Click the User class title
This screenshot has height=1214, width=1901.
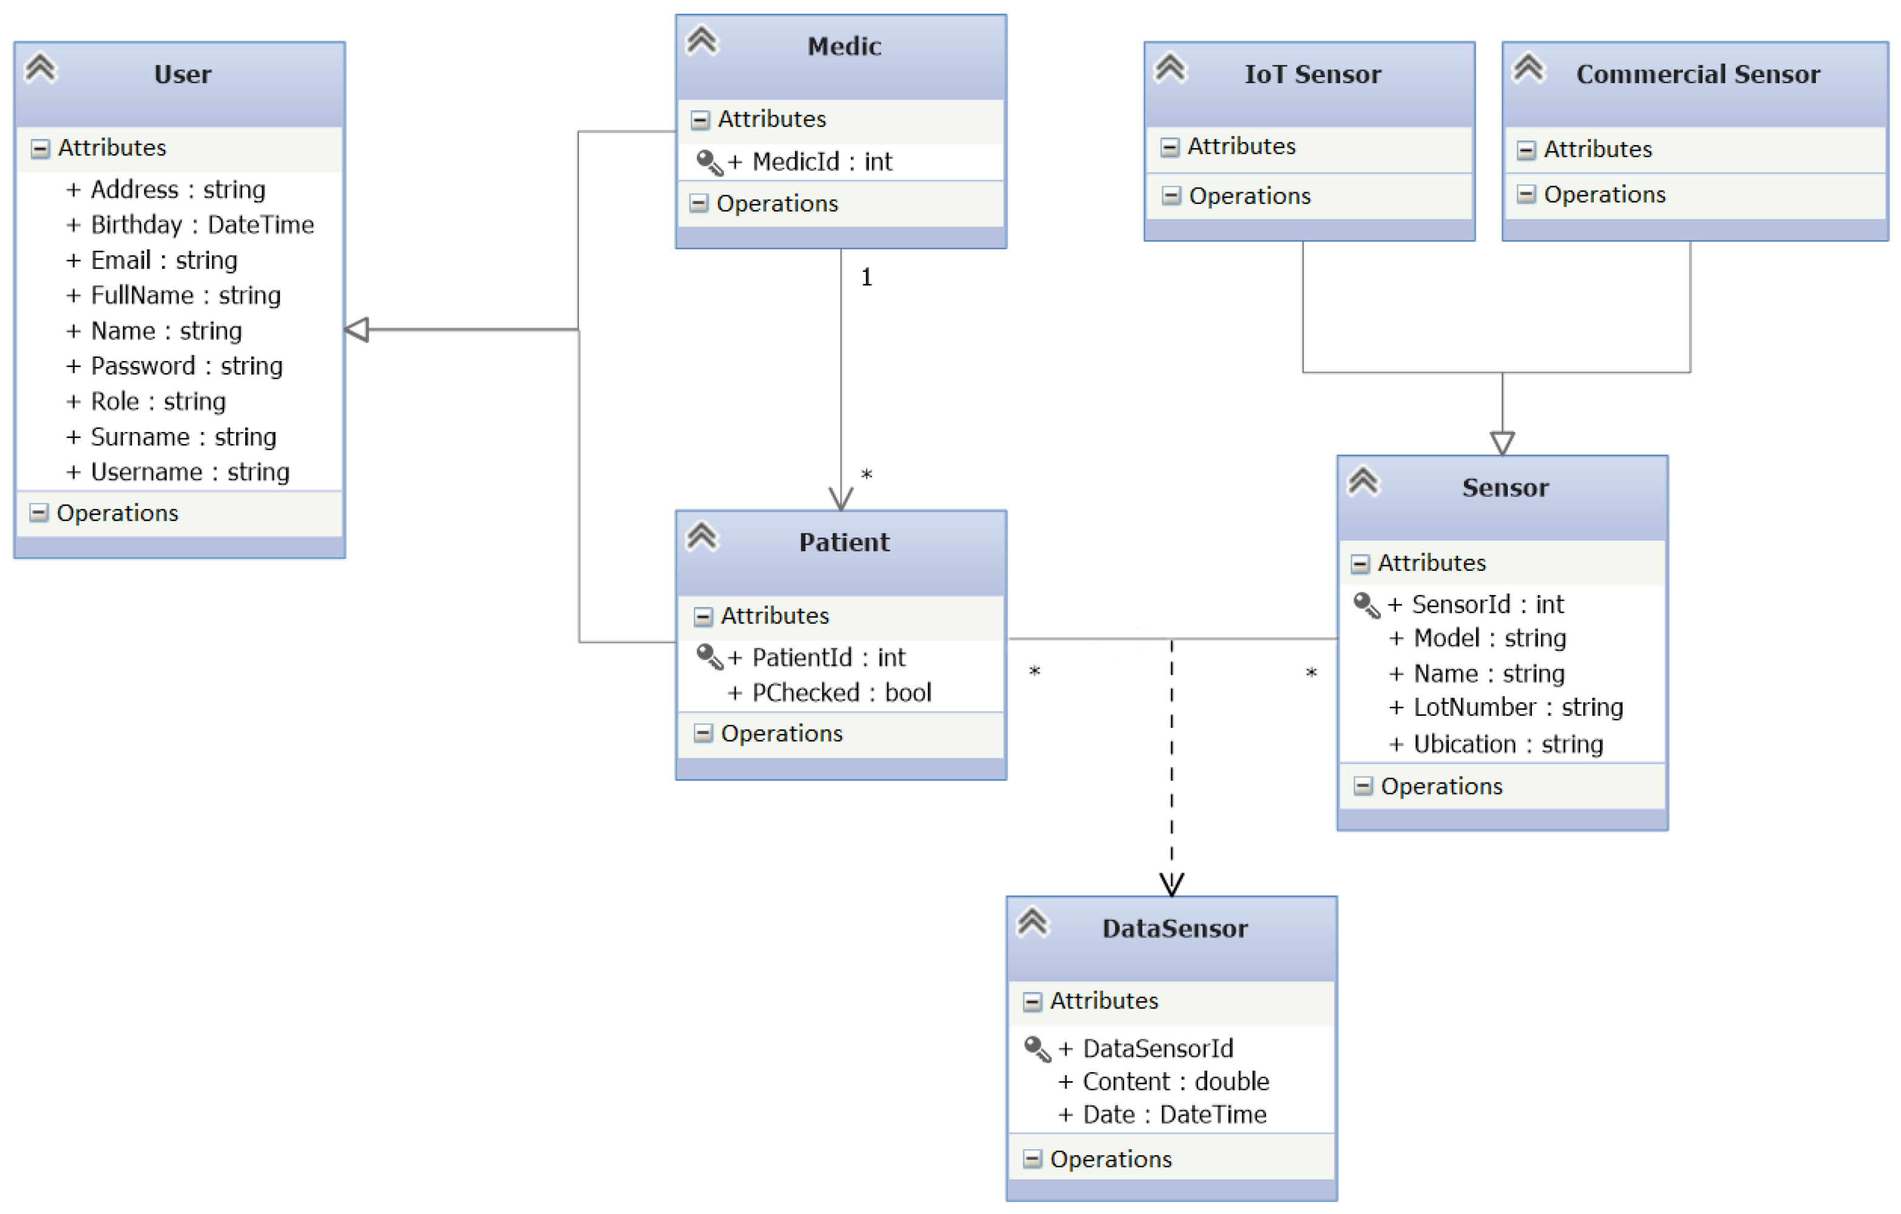pos(182,74)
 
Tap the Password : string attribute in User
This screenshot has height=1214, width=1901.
pos(186,366)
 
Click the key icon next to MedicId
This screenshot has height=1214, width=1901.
pos(709,163)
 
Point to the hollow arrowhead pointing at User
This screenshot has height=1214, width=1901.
pos(357,330)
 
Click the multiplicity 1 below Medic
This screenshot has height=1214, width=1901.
pos(866,278)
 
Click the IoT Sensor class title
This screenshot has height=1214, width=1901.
pos(1312,74)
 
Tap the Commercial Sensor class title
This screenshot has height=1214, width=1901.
pos(1697,74)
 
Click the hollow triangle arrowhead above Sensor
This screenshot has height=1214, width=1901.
pos(1502,443)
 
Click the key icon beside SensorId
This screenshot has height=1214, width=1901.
pos(1366,605)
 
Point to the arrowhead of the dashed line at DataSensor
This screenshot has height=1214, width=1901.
pos(1171,885)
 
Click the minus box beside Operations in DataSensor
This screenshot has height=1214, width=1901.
pos(1032,1159)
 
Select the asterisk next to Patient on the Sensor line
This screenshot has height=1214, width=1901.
pos(1034,672)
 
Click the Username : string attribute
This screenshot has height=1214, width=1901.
pos(189,472)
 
